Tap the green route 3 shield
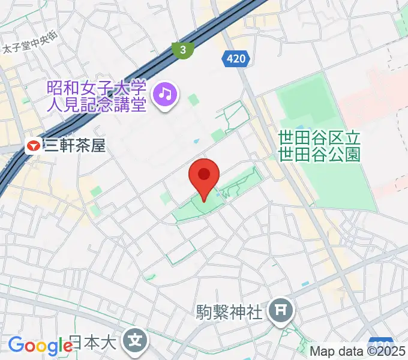(x=182, y=50)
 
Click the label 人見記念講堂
(x=96, y=106)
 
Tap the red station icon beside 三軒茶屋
(x=33, y=145)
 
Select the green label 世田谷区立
(x=319, y=137)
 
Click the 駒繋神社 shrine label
(x=230, y=312)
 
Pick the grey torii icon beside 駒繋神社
(x=280, y=310)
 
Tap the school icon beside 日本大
(x=135, y=342)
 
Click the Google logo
(x=40, y=346)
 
